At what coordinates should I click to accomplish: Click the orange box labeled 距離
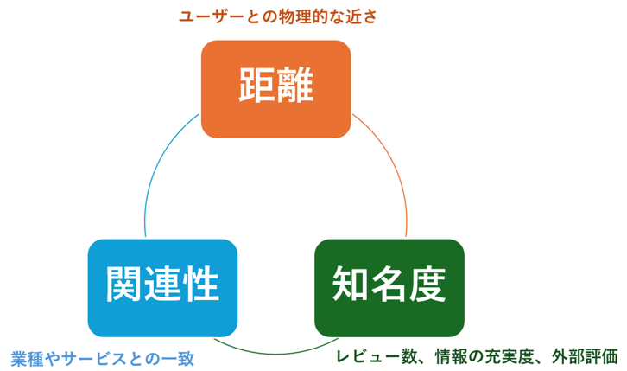coord(275,88)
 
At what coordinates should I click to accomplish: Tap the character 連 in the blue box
coord(162,285)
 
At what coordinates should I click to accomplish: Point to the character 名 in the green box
coord(389,285)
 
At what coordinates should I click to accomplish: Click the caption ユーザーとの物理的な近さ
coord(278,16)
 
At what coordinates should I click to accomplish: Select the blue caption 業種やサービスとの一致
coord(103,357)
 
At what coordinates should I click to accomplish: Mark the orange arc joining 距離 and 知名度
coord(395,173)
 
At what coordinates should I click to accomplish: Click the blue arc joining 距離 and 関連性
coord(155,173)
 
